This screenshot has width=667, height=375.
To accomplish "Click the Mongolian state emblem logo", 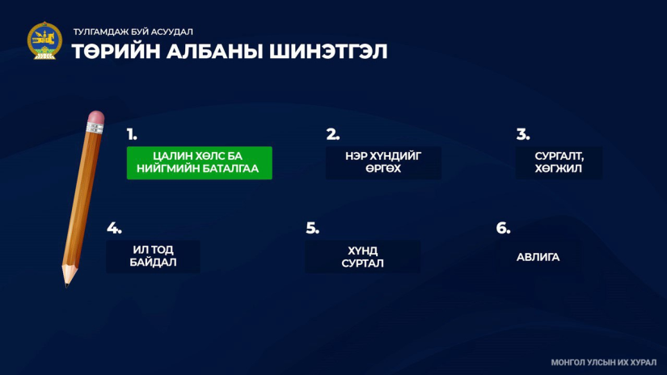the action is click(x=44, y=41).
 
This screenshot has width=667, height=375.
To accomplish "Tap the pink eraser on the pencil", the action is click(x=96, y=117).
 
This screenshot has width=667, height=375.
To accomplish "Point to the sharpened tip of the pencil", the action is click(x=67, y=284).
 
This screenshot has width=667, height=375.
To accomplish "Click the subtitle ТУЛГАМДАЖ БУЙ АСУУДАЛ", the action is click(x=133, y=32).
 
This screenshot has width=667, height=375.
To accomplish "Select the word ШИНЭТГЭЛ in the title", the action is click(x=328, y=52).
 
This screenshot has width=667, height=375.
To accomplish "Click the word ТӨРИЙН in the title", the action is click(x=116, y=52).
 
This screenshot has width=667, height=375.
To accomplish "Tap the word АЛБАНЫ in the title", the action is click(x=215, y=52).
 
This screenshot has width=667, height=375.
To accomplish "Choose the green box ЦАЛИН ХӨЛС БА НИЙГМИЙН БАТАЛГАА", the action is click(x=200, y=162).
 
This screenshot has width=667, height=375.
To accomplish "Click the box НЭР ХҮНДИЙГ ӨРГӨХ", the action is click(x=383, y=162).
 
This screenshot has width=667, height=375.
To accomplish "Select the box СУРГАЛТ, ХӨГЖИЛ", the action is click(x=559, y=162).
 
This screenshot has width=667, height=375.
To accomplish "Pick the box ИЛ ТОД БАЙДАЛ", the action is click(x=153, y=256).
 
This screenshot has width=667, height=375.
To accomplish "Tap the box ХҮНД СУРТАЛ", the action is click(x=362, y=257).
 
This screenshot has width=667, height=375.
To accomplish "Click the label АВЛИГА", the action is click(x=538, y=257).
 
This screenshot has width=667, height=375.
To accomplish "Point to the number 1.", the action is click(x=132, y=134).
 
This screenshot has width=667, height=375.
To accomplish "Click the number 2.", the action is click(x=332, y=134).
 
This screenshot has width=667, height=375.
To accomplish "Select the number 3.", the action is click(x=523, y=134).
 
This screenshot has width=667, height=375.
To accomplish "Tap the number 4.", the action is click(x=114, y=229).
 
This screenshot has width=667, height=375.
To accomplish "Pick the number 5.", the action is click(x=312, y=229).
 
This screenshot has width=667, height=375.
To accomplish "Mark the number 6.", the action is click(x=503, y=229).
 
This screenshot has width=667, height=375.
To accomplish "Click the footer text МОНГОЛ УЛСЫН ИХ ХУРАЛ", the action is click(x=604, y=363).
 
